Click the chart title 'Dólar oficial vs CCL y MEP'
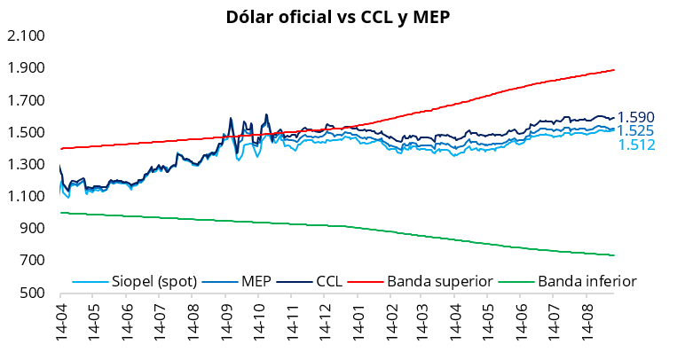click(x=338, y=18)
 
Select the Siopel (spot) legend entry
click(x=135, y=281)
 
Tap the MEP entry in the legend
click(x=237, y=281)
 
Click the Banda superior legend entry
click(x=421, y=281)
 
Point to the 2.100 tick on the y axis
click(x=27, y=35)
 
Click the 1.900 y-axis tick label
click(x=27, y=68)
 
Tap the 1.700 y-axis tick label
click(x=27, y=100)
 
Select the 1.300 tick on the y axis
click(x=27, y=165)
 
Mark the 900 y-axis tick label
click(x=32, y=229)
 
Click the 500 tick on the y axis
click(x=32, y=293)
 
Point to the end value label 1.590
click(x=636, y=117)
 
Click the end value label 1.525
click(x=636, y=131)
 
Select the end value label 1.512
click(x=636, y=145)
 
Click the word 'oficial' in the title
click(x=304, y=18)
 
